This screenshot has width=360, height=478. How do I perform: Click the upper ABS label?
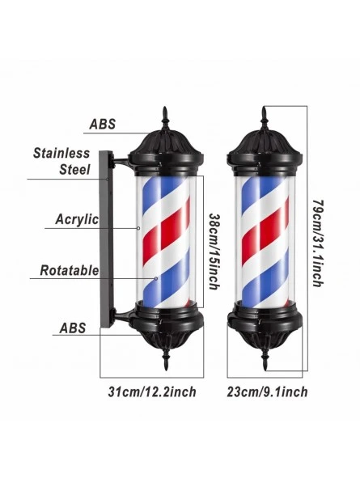pyautogui.click(x=103, y=124)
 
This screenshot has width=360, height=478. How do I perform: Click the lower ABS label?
pyautogui.click(x=73, y=328)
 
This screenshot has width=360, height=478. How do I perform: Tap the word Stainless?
pyautogui.click(x=61, y=153)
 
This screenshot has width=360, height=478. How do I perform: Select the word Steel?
pyautogui.click(x=75, y=170)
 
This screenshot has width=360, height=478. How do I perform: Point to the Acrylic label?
pyautogui.click(x=77, y=219)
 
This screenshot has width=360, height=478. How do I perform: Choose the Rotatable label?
pyautogui.click(x=70, y=270)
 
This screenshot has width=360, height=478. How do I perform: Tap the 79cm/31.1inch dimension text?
pyautogui.click(x=318, y=243)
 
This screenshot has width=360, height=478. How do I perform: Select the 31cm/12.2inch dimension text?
pyautogui.click(x=152, y=391)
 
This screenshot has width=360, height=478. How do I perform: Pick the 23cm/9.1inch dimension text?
pyautogui.click(x=267, y=391)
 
